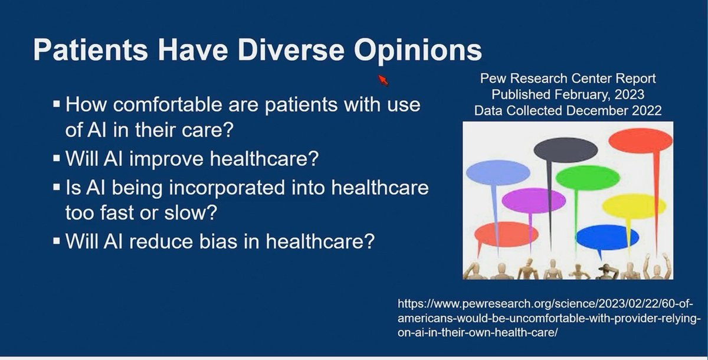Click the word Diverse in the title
(290, 50)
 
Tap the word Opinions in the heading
(418, 52)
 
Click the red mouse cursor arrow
(383, 80)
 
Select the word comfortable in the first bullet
(168, 104)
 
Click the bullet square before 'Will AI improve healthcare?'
(57, 158)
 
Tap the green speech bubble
(587, 178)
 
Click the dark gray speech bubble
(565, 150)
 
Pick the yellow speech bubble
(634, 207)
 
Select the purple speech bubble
(533, 201)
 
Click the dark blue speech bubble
(607, 237)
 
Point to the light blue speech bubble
(498, 172)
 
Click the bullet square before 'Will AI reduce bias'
(57, 241)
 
